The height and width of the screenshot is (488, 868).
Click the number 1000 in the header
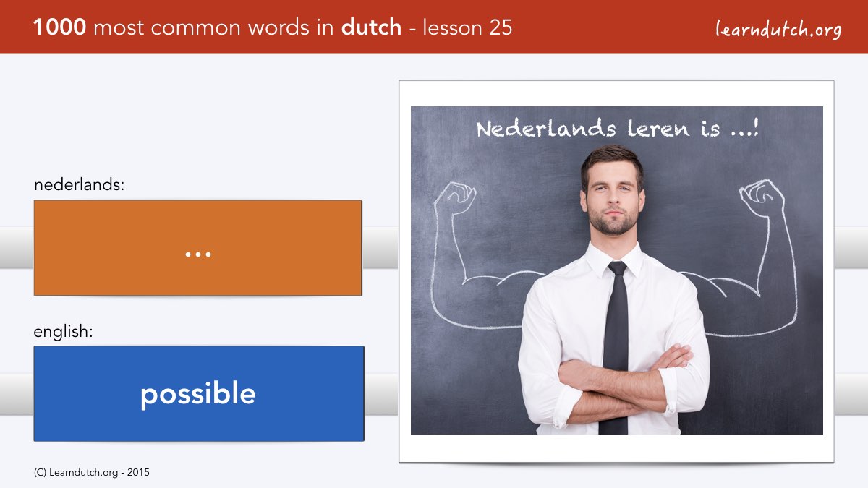coord(59,27)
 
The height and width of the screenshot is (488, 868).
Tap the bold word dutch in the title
coord(371,27)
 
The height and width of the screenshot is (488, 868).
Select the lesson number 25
coord(501,27)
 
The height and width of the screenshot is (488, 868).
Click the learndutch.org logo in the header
coord(778,29)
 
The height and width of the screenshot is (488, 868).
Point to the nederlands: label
coord(79,184)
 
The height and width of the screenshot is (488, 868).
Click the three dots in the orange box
coord(198,254)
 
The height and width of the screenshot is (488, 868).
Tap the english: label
coord(63,332)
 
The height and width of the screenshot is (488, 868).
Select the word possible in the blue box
coord(198,394)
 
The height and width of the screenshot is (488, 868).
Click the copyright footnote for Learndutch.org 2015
coord(91,473)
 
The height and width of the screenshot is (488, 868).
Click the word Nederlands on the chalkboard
coord(546,129)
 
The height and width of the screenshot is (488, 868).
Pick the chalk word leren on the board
coord(658,129)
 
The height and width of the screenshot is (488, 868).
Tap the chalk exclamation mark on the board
coord(755,127)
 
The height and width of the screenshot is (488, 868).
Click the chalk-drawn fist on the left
coord(456,197)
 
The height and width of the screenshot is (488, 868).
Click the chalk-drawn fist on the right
coord(762,197)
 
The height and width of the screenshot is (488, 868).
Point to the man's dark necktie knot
coord(616,268)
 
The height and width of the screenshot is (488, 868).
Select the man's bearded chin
coord(613,226)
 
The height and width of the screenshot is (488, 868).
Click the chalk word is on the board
coord(710,129)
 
